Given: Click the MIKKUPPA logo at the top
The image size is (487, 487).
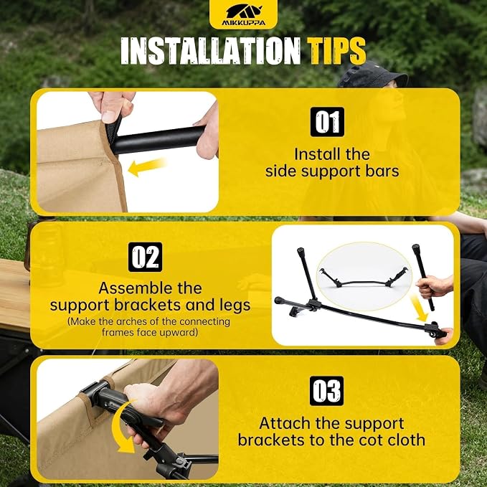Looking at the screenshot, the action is coord(244,14).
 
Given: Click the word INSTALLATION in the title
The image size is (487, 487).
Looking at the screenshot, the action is coord(211,51).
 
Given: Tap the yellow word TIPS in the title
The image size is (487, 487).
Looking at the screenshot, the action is coord(336,51).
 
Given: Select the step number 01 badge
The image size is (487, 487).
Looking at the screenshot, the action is coord(327,122).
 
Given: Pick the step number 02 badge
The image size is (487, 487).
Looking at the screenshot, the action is coord(145,257).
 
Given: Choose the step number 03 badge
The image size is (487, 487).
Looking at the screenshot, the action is coord(327,391).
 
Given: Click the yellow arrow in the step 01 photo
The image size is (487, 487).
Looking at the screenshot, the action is coord(147,167).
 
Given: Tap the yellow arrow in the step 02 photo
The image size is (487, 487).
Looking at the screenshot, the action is coord(420,308).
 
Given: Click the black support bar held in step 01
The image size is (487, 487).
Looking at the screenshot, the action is coord(159,140).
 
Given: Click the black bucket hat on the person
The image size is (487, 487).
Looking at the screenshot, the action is coord(373,75).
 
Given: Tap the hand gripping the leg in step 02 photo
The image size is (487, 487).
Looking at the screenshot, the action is coord(434,286).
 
